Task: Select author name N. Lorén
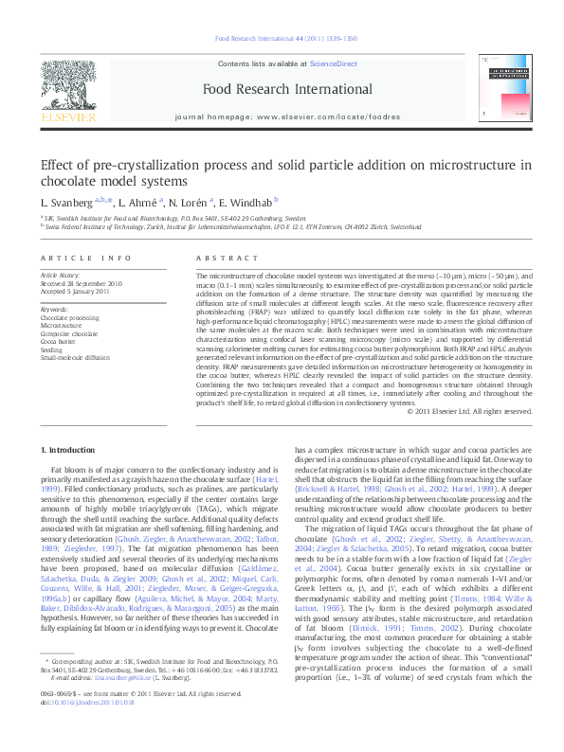pyautogui.click(x=196, y=202)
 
